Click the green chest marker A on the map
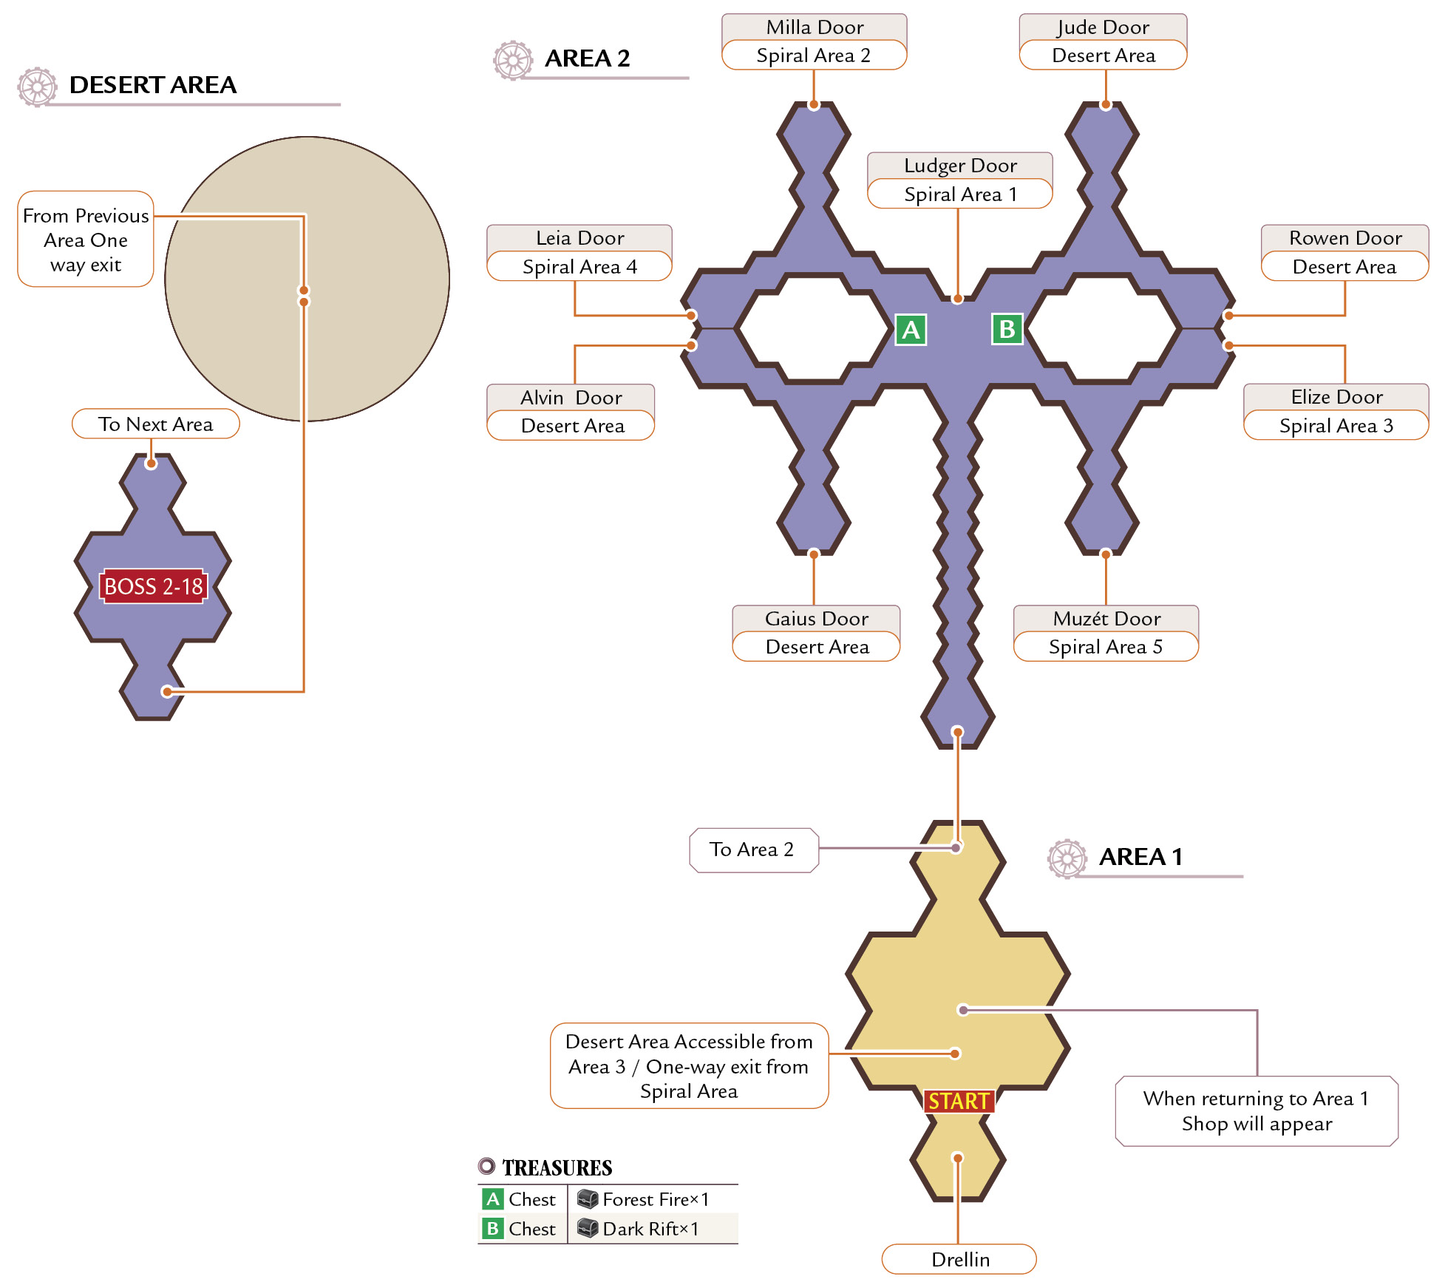[x=911, y=330]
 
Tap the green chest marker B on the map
[x=1007, y=329]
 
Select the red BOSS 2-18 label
[x=153, y=586]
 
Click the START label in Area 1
[x=959, y=1101]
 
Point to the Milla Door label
[x=815, y=27]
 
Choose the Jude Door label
[x=1103, y=27]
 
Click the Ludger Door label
[x=960, y=166]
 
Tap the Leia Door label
[x=579, y=238]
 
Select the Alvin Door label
[x=571, y=398]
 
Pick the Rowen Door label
[x=1345, y=238]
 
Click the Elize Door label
[x=1336, y=397]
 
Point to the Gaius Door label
[x=816, y=619]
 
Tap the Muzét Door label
[x=1106, y=619]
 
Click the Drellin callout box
[x=959, y=1259]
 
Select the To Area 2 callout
[x=754, y=849]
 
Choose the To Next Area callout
[x=156, y=424]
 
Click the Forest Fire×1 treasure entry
[x=644, y=1199]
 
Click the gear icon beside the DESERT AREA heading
[x=38, y=87]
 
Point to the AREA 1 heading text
[x=1140, y=857]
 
